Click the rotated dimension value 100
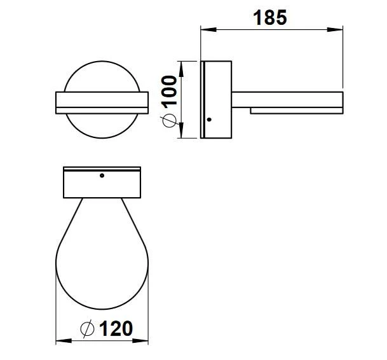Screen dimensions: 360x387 (x=167, y=87)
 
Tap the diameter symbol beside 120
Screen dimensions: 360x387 (x=88, y=329)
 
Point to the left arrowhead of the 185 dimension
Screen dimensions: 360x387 (x=205, y=29)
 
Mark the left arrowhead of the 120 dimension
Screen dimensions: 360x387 (x=61, y=340)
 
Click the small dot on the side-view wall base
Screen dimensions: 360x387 (x=209, y=120)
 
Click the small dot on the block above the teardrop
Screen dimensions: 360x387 (x=102, y=175)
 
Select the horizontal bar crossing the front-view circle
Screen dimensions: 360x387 (x=102, y=103)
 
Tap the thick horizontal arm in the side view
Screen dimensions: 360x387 (x=289, y=100)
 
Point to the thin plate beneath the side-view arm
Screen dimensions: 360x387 (x=296, y=111)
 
